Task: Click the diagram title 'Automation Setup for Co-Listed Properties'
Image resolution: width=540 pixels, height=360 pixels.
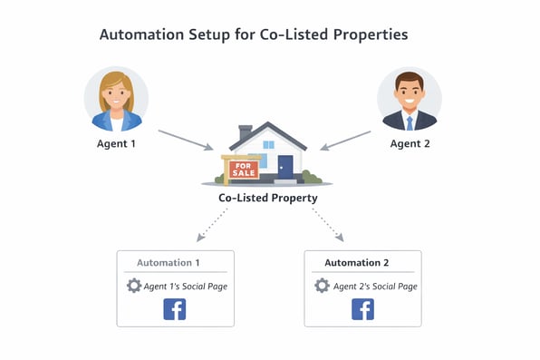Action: pyautogui.click(x=253, y=35)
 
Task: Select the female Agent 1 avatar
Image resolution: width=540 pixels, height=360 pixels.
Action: pyautogui.click(x=116, y=101)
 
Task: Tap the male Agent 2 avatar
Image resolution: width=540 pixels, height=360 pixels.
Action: pyautogui.click(x=409, y=101)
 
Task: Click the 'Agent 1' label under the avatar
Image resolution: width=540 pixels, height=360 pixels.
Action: pyautogui.click(x=116, y=143)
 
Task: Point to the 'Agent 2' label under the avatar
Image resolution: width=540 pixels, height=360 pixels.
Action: pyautogui.click(x=409, y=143)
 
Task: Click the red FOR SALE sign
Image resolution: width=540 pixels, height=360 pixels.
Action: pyautogui.click(x=245, y=169)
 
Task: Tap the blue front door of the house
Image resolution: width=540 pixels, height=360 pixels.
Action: pyautogui.click(x=285, y=167)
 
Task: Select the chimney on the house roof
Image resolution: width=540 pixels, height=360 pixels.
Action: pyautogui.click(x=246, y=134)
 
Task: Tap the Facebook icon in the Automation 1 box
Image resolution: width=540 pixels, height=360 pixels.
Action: pyautogui.click(x=174, y=309)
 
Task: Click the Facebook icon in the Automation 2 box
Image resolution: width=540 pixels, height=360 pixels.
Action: pyautogui.click(x=362, y=309)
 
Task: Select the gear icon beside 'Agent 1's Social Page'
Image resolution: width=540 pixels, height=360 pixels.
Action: pyautogui.click(x=134, y=286)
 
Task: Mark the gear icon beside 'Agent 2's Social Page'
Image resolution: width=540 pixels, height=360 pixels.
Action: pyautogui.click(x=321, y=286)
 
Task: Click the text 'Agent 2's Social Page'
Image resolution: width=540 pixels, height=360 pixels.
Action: pyautogui.click(x=375, y=286)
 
